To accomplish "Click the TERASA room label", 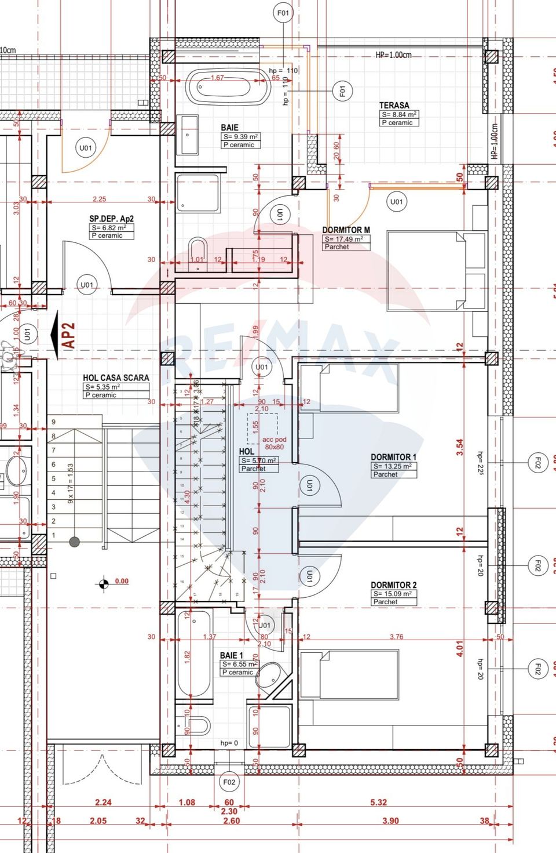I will pos(394,106).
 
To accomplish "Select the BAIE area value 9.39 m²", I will pos(240,137).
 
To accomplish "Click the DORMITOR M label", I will pos(346,230).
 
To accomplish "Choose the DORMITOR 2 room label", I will pos(393,585).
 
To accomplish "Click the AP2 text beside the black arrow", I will pos(69,336).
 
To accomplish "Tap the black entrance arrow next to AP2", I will pos(56,336).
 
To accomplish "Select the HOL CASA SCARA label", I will pos(116,378).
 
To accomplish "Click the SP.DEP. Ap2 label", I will pos(111,219).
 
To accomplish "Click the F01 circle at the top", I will pos(283,13).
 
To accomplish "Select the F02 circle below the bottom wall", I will pos(229,782).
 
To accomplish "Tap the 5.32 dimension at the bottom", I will pos(378,803).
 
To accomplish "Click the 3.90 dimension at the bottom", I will pos(390,821).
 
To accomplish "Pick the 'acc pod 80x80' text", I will pos(274,443).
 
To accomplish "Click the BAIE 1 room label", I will pos(231,655).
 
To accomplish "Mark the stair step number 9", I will pos(54,422).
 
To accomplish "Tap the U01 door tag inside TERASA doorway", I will pos(396,202).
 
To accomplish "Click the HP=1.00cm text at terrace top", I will pos(393,55).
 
